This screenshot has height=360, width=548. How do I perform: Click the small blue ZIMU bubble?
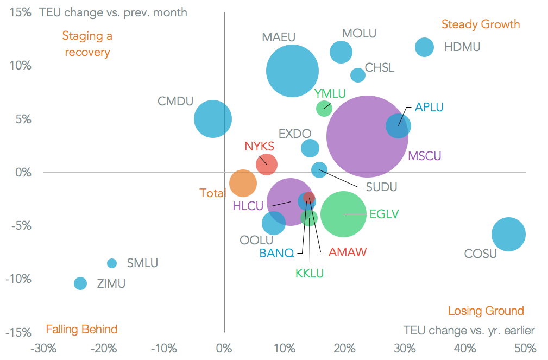[80, 283]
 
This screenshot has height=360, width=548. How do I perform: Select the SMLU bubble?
[112, 263]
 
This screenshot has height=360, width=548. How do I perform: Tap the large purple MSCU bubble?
[367, 136]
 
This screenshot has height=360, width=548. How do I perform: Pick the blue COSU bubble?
[508, 234]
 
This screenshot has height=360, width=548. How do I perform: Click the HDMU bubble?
[424, 47]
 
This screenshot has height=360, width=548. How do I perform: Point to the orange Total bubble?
[243, 183]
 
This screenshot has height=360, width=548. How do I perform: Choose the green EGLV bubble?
[343, 214]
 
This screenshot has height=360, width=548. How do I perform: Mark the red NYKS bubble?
[266, 164]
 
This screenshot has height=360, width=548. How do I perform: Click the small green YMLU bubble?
[324, 108]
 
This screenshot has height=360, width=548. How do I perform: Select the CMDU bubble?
[213, 119]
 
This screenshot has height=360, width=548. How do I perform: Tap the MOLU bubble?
[341, 52]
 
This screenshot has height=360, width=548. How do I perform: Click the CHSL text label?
[380, 68]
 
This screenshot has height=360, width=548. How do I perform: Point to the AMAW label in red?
[348, 252]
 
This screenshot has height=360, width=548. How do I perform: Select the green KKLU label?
[310, 273]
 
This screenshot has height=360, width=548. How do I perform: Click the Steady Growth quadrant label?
[480, 24]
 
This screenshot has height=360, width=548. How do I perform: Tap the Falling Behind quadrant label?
[81, 329]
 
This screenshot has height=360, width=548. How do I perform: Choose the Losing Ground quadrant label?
[486, 311]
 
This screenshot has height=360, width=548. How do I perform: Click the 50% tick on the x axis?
[525, 348]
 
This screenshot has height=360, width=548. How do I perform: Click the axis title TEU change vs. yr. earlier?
[469, 330]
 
